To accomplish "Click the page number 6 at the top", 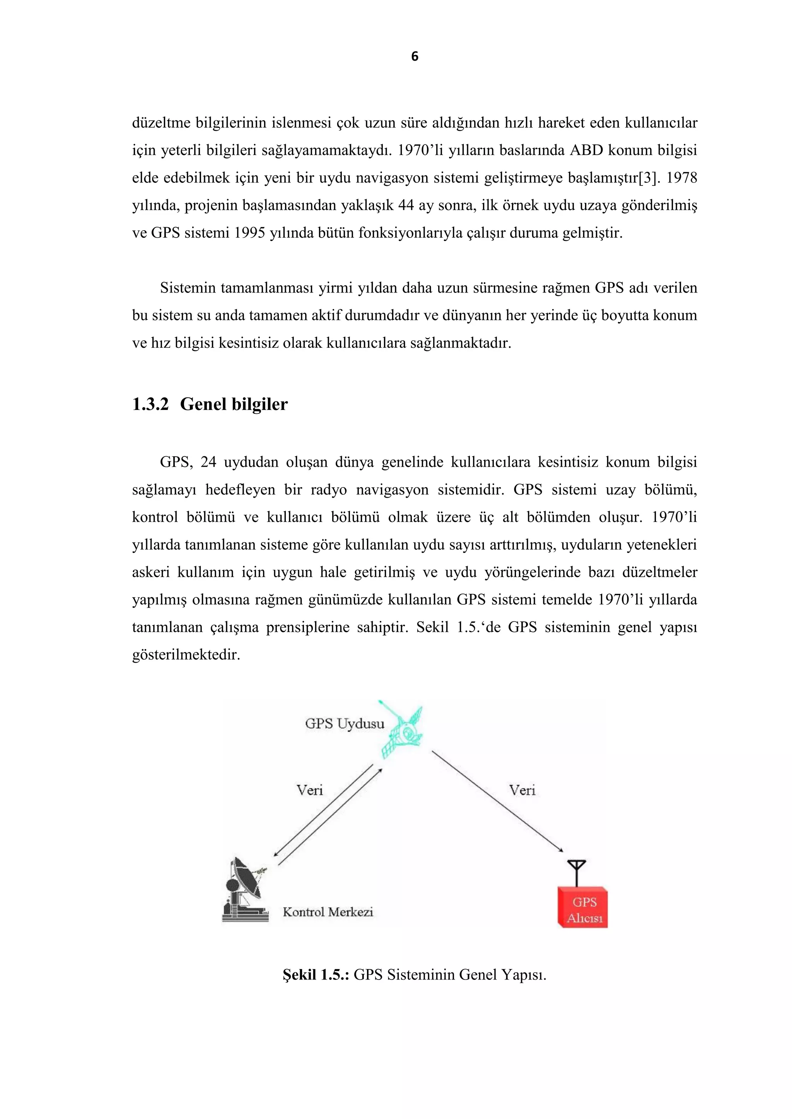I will pyautogui.click(x=415, y=56).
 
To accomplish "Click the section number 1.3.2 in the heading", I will pyautogui.click(x=150, y=404).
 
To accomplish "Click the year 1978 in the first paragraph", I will pyautogui.click(x=681, y=178).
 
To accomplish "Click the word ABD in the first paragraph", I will pyautogui.click(x=586, y=150).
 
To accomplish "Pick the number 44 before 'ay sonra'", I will pyautogui.click(x=406, y=205).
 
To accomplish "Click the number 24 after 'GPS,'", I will pyautogui.click(x=208, y=462).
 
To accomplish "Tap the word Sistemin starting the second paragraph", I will pyautogui.click(x=188, y=288).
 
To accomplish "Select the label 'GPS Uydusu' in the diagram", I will pyautogui.click(x=344, y=724).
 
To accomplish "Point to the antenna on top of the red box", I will pyautogui.click(x=577, y=872).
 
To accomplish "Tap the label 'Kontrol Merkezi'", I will pyautogui.click(x=328, y=912).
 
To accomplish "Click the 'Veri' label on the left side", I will pyautogui.click(x=310, y=790).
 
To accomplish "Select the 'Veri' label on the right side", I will pyautogui.click(x=522, y=790).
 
